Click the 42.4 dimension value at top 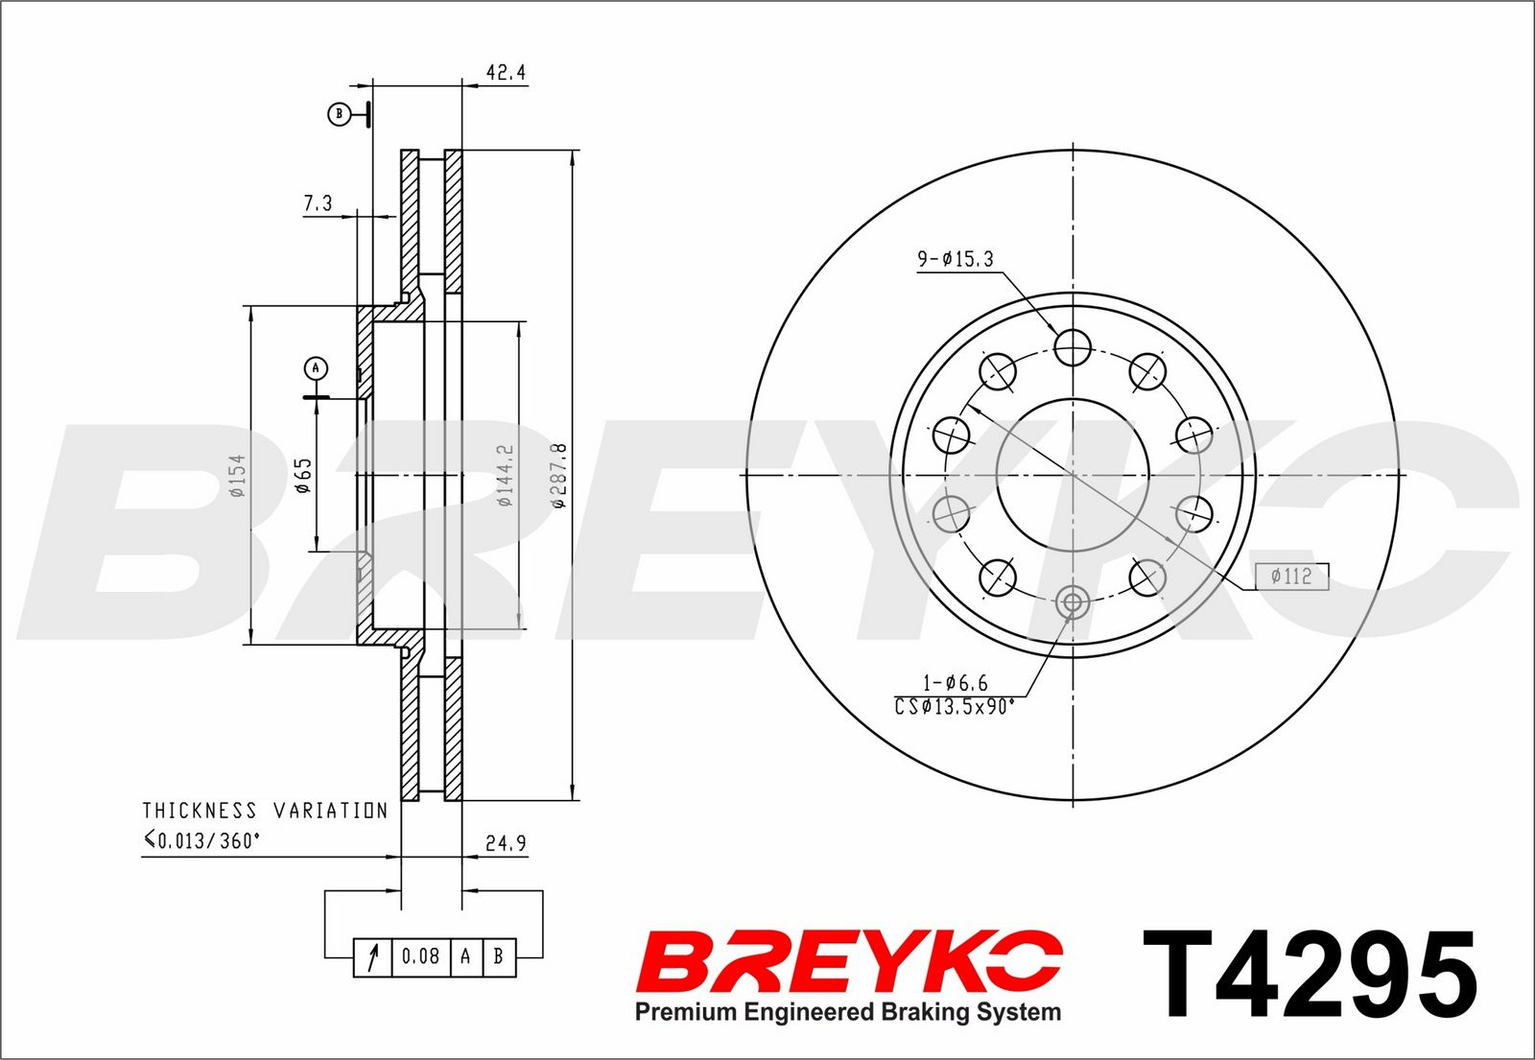(x=506, y=72)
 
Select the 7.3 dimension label (x=318, y=202)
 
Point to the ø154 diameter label (x=237, y=476)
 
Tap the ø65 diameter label (x=303, y=475)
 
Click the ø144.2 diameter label (x=505, y=475)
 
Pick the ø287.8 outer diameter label (x=559, y=475)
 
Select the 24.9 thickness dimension (x=506, y=843)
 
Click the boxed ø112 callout (x=1291, y=576)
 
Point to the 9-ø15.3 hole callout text (x=956, y=259)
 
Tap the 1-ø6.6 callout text (x=956, y=683)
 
